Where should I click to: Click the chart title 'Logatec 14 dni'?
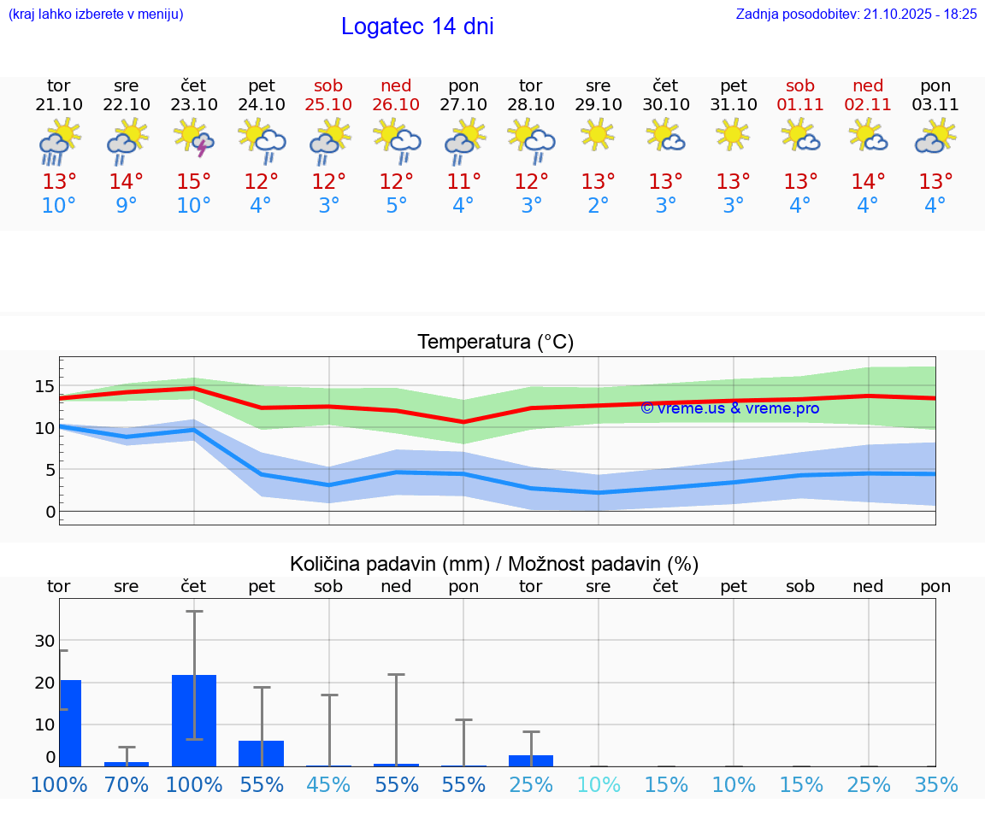click(x=417, y=26)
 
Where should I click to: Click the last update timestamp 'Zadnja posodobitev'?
click(x=856, y=15)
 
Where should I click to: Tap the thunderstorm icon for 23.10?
click(x=194, y=138)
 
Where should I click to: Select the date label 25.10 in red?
click(x=328, y=105)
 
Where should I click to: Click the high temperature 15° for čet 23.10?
click(x=194, y=182)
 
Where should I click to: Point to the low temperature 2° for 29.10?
click(x=598, y=206)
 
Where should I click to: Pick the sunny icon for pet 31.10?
click(x=733, y=134)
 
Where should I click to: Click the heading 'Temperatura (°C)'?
click(x=495, y=343)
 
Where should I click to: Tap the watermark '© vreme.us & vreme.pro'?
click(x=730, y=408)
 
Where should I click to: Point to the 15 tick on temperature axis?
click(x=44, y=386)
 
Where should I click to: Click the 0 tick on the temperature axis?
click(x=50, y=512)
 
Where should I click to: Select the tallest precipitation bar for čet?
click(x=194, y=720)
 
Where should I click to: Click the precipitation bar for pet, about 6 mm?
click(x=261, y=753)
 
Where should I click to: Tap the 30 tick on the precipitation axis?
click(x=44, y=641)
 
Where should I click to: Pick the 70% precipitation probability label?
click(x=127, y=784)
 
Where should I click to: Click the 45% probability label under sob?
click(x=328, y=784)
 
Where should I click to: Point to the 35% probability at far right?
click(x=935, y=784)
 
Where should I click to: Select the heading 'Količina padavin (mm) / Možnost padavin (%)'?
click(x=494, y=564)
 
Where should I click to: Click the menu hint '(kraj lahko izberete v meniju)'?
click(x=96, y=15)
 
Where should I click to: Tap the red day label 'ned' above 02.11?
click(x=868, y=86)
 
